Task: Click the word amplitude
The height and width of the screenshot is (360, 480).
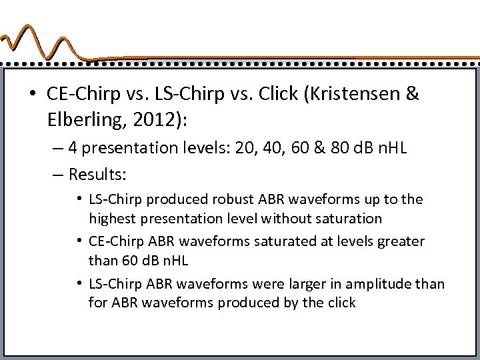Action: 379,284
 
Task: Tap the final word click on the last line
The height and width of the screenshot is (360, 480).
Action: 341,303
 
